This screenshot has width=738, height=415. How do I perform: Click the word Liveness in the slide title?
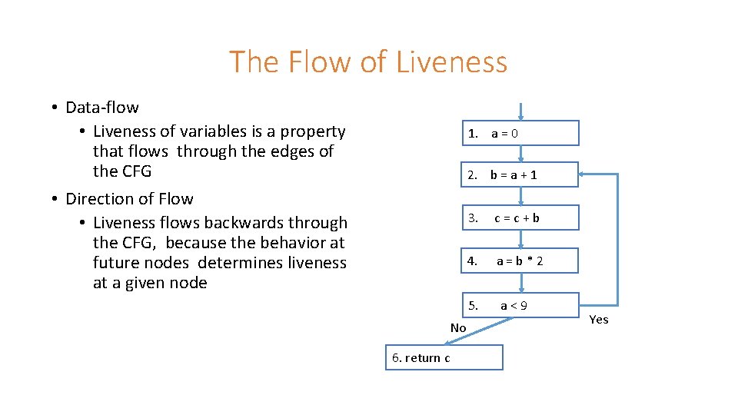451,61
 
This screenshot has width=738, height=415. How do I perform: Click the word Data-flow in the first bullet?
102,108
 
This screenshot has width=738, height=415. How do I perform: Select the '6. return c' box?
444,357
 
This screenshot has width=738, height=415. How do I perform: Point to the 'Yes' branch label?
598,320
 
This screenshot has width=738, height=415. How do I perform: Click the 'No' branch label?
458,328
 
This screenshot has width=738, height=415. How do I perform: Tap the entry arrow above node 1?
520,112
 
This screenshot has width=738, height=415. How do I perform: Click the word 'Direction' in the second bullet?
97,199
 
